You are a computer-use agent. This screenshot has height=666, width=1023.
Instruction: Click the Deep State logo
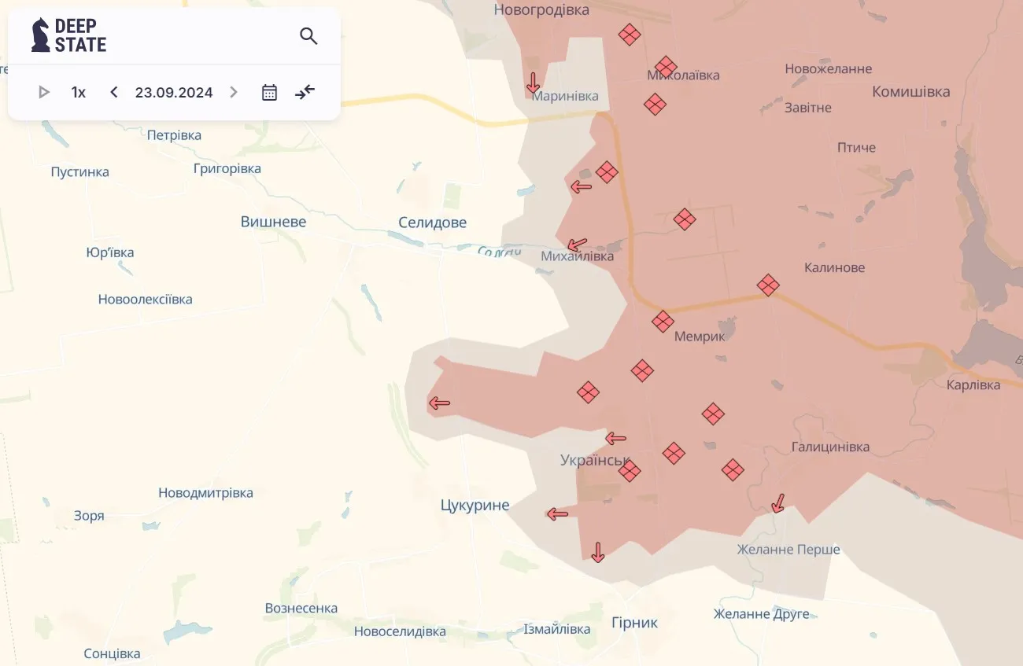pos(68,35)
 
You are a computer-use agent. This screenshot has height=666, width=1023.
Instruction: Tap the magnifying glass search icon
pos(308,35)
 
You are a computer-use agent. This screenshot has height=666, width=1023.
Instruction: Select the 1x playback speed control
pos(79,92)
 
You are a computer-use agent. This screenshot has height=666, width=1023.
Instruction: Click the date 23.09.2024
pos(174,92)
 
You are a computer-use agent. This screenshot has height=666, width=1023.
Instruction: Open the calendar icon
pos(269,92)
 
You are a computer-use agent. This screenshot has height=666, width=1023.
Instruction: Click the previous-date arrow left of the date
pos(114,92)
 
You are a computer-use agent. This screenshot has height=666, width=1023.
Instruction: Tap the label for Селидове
pos(432,223)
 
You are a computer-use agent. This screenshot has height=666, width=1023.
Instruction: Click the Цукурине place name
pos(475,505)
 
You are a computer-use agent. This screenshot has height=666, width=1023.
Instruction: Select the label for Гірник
pos(634,623)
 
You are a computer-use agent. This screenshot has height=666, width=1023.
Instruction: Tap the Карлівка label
pos(973,385)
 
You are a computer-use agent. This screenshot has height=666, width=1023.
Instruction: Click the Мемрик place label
pos(700,336)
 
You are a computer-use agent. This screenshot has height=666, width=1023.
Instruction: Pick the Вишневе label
pos(273,222)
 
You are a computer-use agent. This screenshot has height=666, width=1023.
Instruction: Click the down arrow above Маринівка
pos(534,82)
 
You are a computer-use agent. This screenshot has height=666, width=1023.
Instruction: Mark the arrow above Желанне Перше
pos(778,502)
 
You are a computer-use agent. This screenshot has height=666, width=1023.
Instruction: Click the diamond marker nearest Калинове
pos(768,285)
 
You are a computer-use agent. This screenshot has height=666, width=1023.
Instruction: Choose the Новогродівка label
pos(541,9)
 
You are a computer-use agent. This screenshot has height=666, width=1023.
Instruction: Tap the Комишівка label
pos(910,91)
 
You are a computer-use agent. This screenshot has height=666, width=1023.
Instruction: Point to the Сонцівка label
pos(112,653)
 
